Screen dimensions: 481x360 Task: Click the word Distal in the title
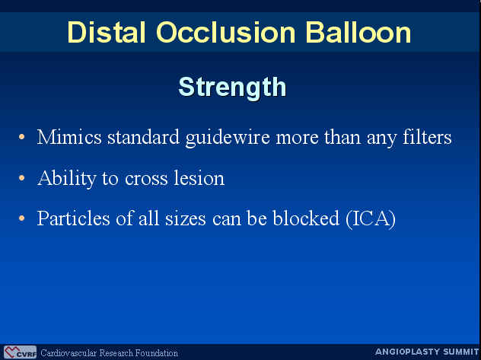point(106,32)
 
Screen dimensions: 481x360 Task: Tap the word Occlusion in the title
point(225,32)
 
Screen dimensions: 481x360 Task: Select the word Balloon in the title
point(358,32)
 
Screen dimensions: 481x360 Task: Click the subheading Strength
point(232,88)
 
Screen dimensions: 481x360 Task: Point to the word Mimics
point(69,137)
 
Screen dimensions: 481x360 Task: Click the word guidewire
point(228,138)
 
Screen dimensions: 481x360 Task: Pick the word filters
point(427,137)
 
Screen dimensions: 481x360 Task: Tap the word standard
point(143,137)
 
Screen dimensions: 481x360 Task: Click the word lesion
point(199,178)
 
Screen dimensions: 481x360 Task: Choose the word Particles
point(73,218)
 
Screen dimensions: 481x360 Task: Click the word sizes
point(185,218)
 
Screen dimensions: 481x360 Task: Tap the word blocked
point(306,218)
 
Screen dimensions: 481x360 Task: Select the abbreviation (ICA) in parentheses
point(371,219)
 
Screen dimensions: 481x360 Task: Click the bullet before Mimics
point(21,137)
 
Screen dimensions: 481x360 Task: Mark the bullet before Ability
point(21,178)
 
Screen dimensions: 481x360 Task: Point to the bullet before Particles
point(21,218)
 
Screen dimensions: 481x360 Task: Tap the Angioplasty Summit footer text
point(427,352)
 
